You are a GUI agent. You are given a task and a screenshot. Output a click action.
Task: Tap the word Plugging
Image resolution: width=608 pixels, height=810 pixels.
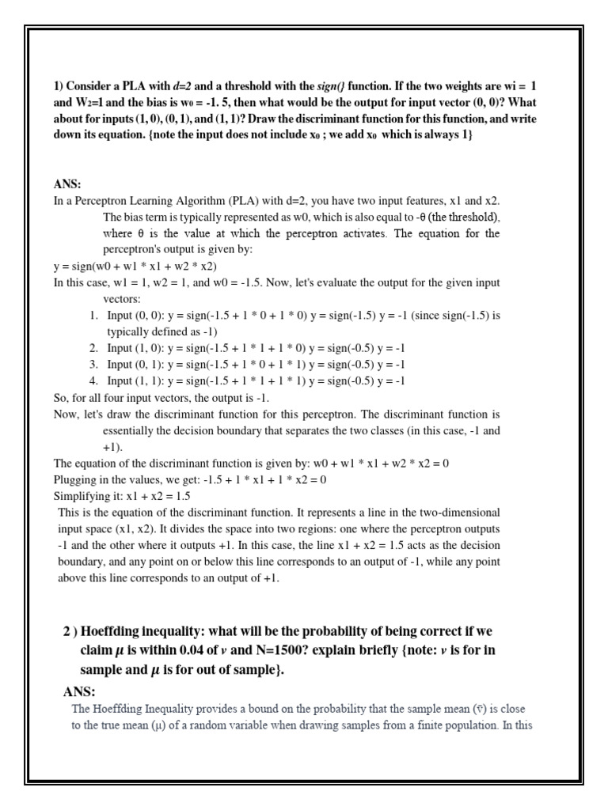point(77,479)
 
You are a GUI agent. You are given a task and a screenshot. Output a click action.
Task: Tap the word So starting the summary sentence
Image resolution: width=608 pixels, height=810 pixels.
point(60,397)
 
